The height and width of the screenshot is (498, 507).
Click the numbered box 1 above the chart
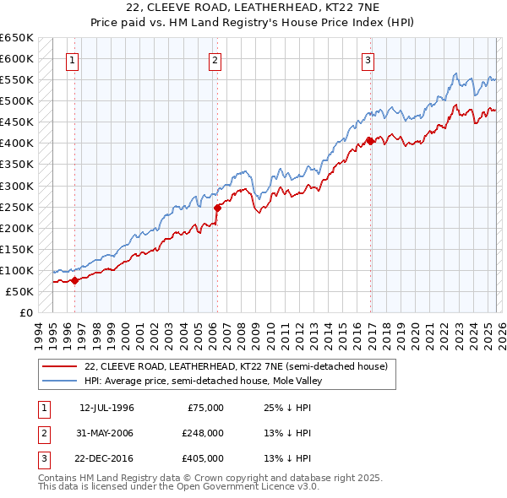pyautogui.click(x=73, y=60)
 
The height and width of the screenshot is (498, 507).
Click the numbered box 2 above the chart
pyautogui.click(x=215, y=60)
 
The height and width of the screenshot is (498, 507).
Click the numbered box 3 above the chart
pyautogui.click(x=368, y=60)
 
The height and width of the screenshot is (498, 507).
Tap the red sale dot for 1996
pyautogui.click(x=74, y=281)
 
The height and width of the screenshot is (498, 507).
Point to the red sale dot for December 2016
pyautogui.click(x=369, y=141)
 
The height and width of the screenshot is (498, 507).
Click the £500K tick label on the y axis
pyautogui.click(x=17, y=101)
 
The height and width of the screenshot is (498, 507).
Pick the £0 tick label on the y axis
pyautogui.click(x=25, y=313)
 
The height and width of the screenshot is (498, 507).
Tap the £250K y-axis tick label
pyautogui.click(x=17, y=207)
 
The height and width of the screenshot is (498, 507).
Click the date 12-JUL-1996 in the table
pyautogui.click(x=106, y=408)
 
